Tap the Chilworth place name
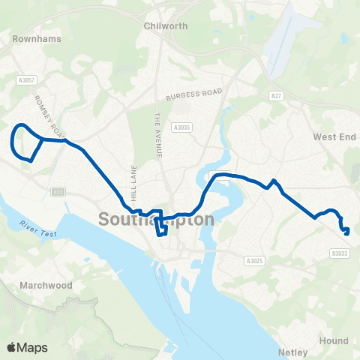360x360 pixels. pyautogui.click(x=165, y=25)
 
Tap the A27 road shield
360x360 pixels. pyautogui.click(x=276, y=95)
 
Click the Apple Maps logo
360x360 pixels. pyautogui.click(x=27, y=347)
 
